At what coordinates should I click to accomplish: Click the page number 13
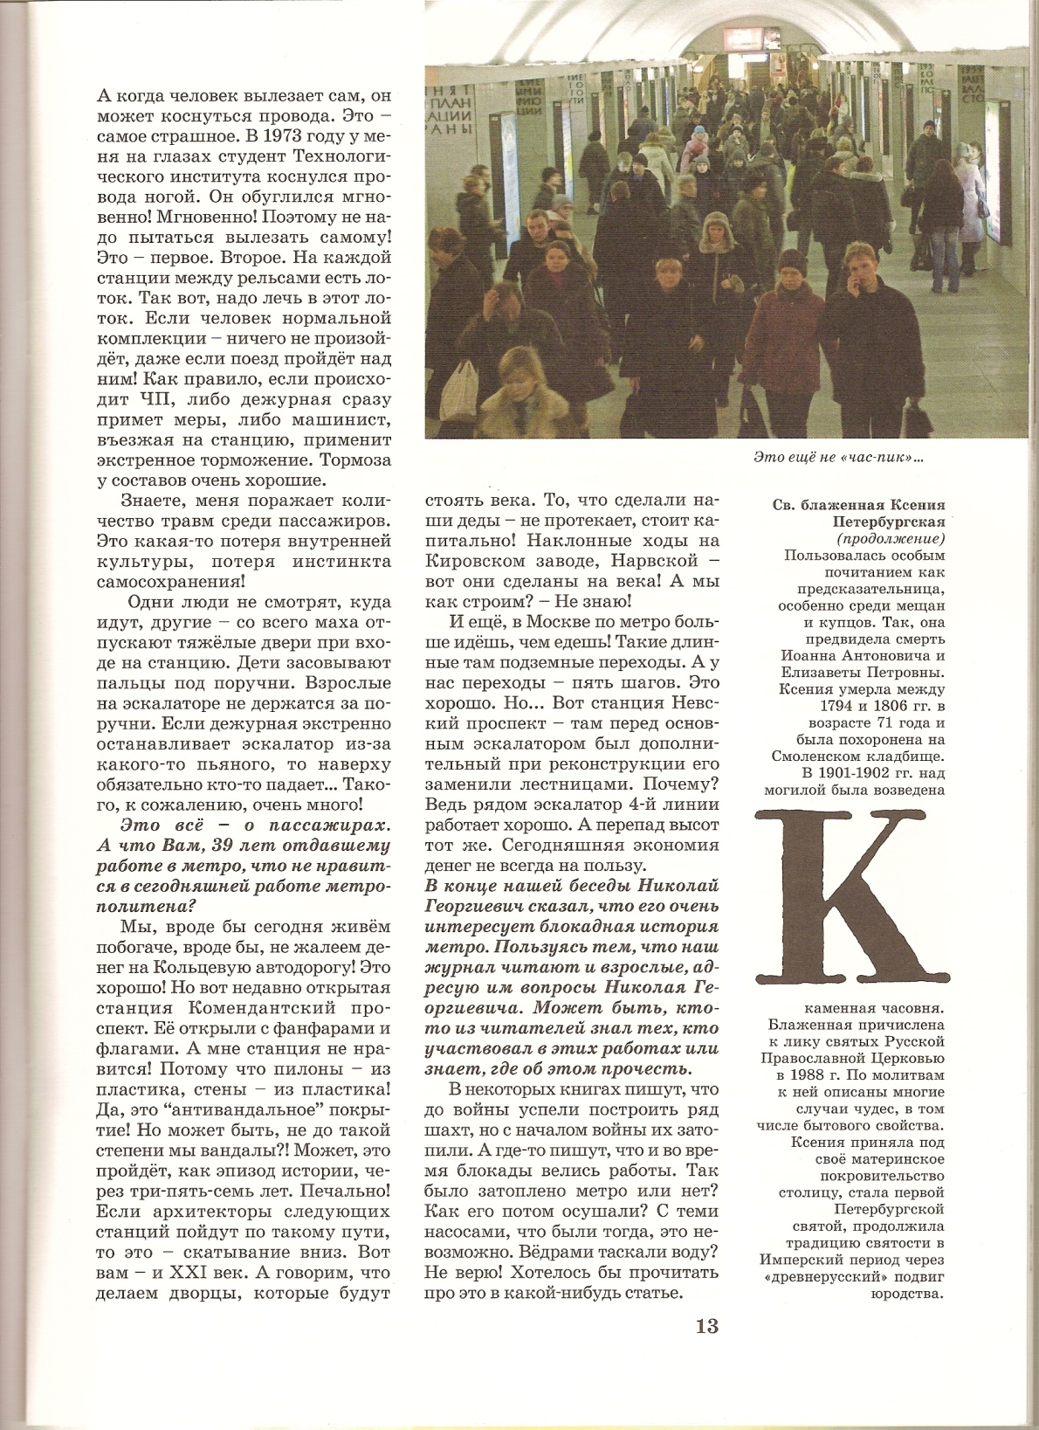707,1326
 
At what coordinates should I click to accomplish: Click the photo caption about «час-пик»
838,457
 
